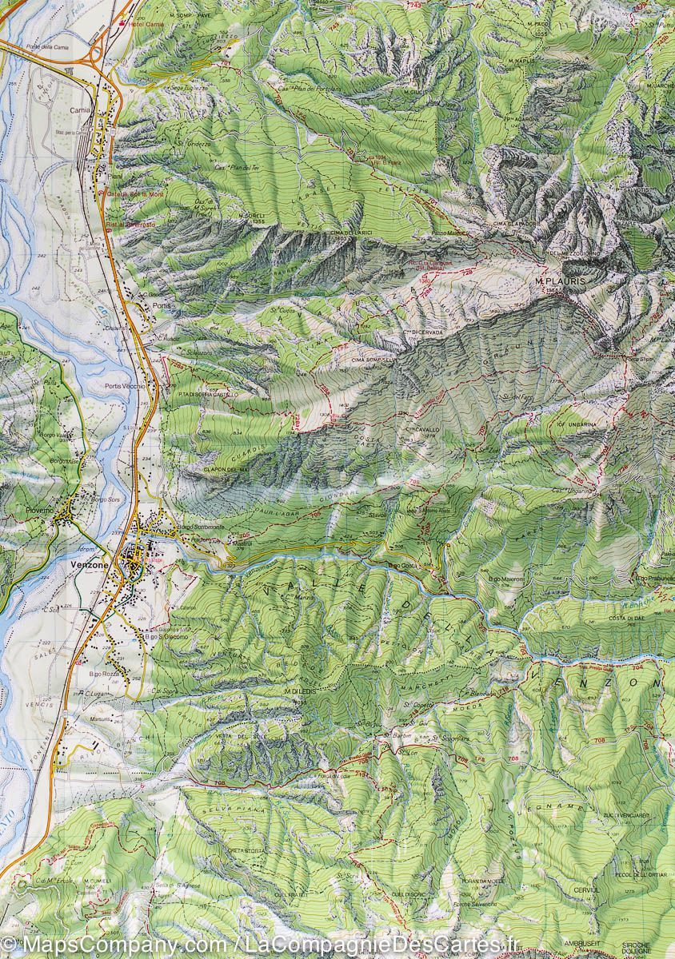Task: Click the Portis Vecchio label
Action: (123, 386)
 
